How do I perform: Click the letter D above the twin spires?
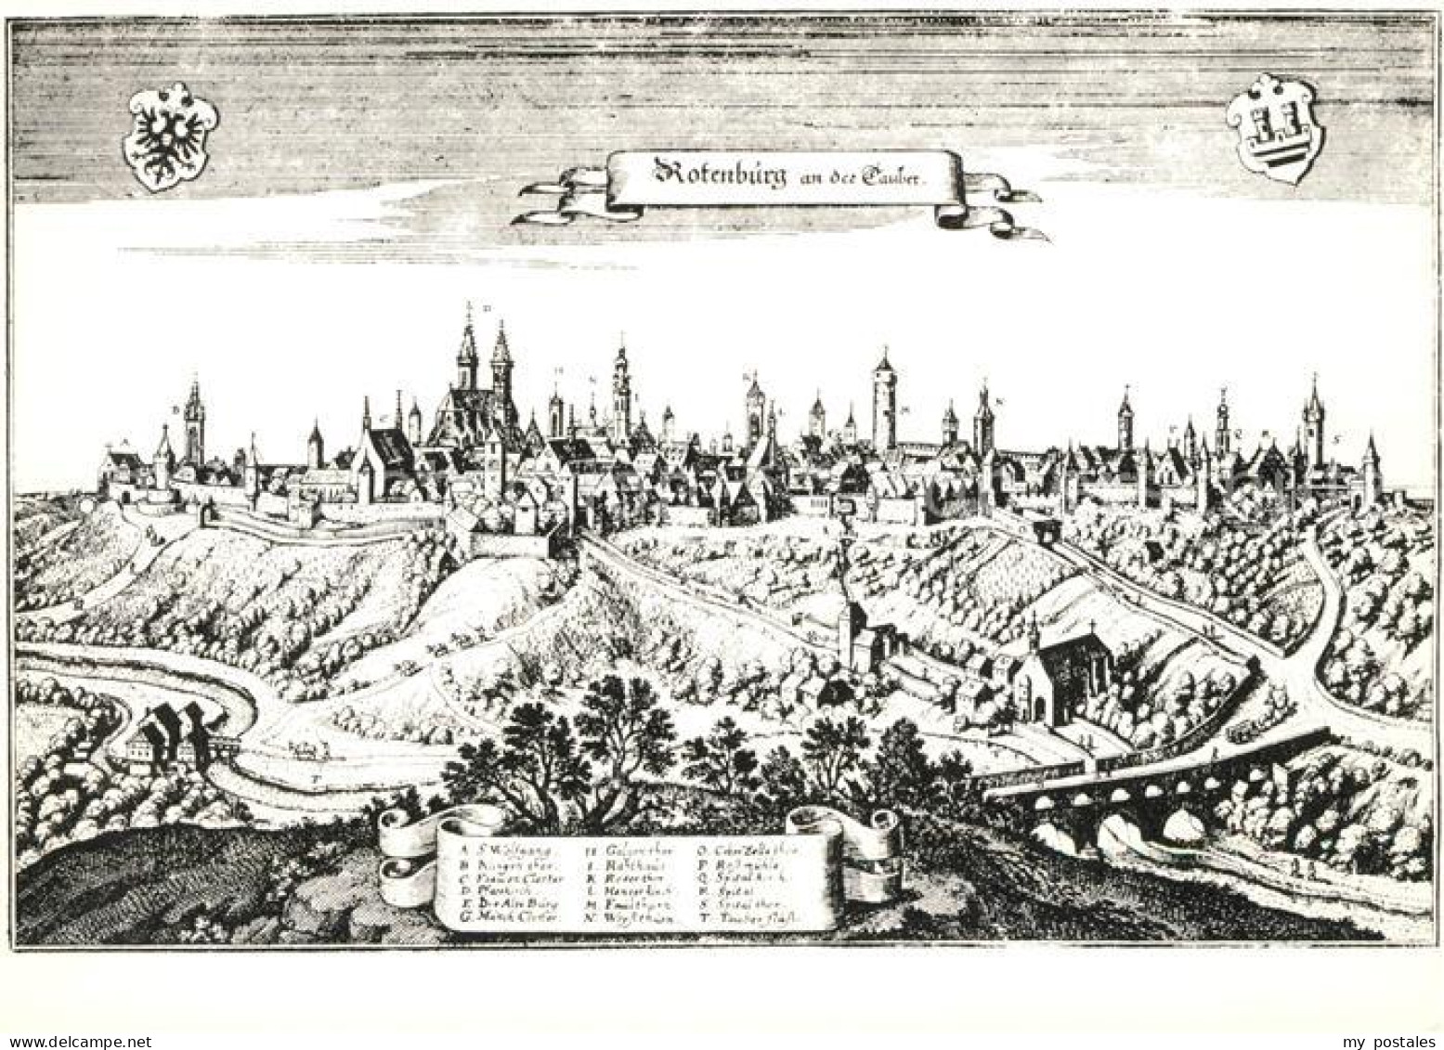pyautogui.click(x=486, y=307)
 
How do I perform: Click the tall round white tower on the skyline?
pyautogui.click(x=880, y=399)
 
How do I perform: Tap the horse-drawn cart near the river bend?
pyautogui.click(x=303, y=747)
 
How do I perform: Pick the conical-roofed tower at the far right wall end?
pyautogui.click(x=1371, y=470)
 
